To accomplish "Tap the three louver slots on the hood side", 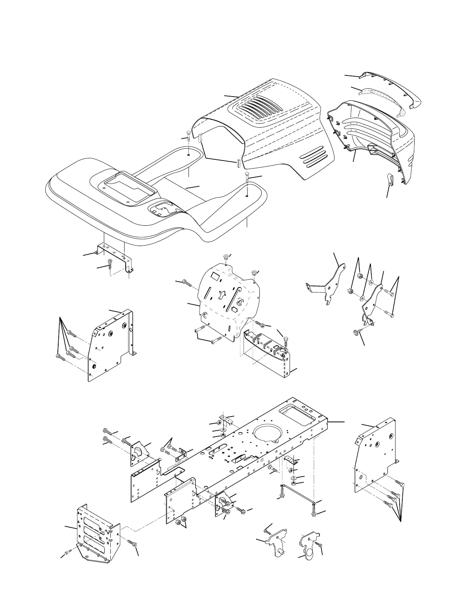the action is (314, 155).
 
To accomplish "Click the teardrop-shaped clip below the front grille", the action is (390, 179).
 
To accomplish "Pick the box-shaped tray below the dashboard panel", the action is (268, 351).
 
